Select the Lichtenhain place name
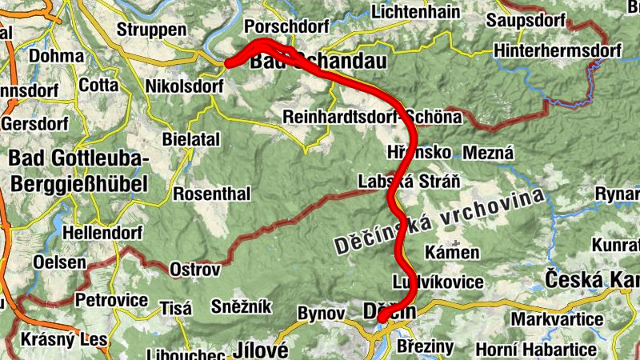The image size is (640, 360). (414, 13)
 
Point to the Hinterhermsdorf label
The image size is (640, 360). (558, 50)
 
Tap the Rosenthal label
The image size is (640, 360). (212, 194)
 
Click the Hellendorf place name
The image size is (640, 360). (104, 233)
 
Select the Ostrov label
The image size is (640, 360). (194, 270)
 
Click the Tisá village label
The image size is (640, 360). (174, 308)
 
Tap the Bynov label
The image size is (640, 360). (320, 313)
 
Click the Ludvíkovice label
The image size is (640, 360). (438, 282)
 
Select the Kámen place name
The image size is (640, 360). (452, 253)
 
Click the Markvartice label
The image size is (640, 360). (557, 319)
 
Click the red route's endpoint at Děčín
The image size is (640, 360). (382, 319)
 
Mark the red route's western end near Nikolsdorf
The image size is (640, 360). (229, 62)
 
